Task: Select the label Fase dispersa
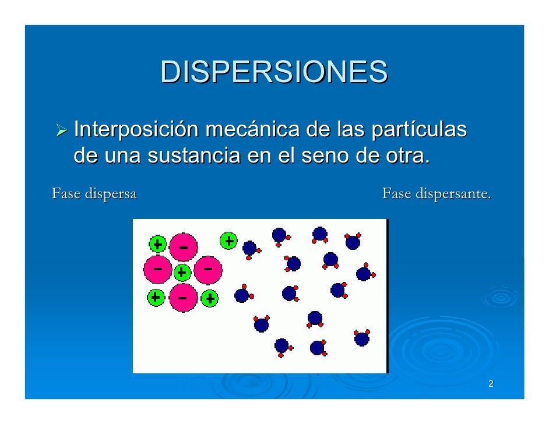[94, 193]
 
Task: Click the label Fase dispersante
[437, 193]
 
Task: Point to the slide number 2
[491, 384]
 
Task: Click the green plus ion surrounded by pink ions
[182, 272]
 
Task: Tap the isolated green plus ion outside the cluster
[228, 240]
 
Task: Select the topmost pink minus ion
[184, 247]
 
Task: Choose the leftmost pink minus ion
[158, 270]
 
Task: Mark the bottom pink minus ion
[184, 298]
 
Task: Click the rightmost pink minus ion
[208, 270]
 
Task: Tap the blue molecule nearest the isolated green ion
[249, 248]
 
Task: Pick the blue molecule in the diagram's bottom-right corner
[362, 338]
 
